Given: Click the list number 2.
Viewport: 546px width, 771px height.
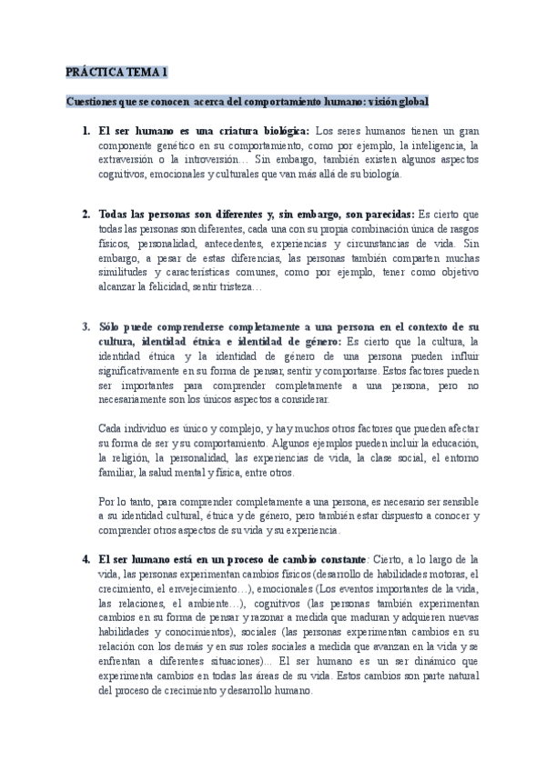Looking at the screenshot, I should [86, 215].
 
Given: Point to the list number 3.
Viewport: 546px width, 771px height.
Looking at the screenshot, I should [86, 326].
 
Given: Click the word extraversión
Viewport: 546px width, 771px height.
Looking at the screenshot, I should [128, 159].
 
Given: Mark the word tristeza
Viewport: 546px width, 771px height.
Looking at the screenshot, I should [238, 286].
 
